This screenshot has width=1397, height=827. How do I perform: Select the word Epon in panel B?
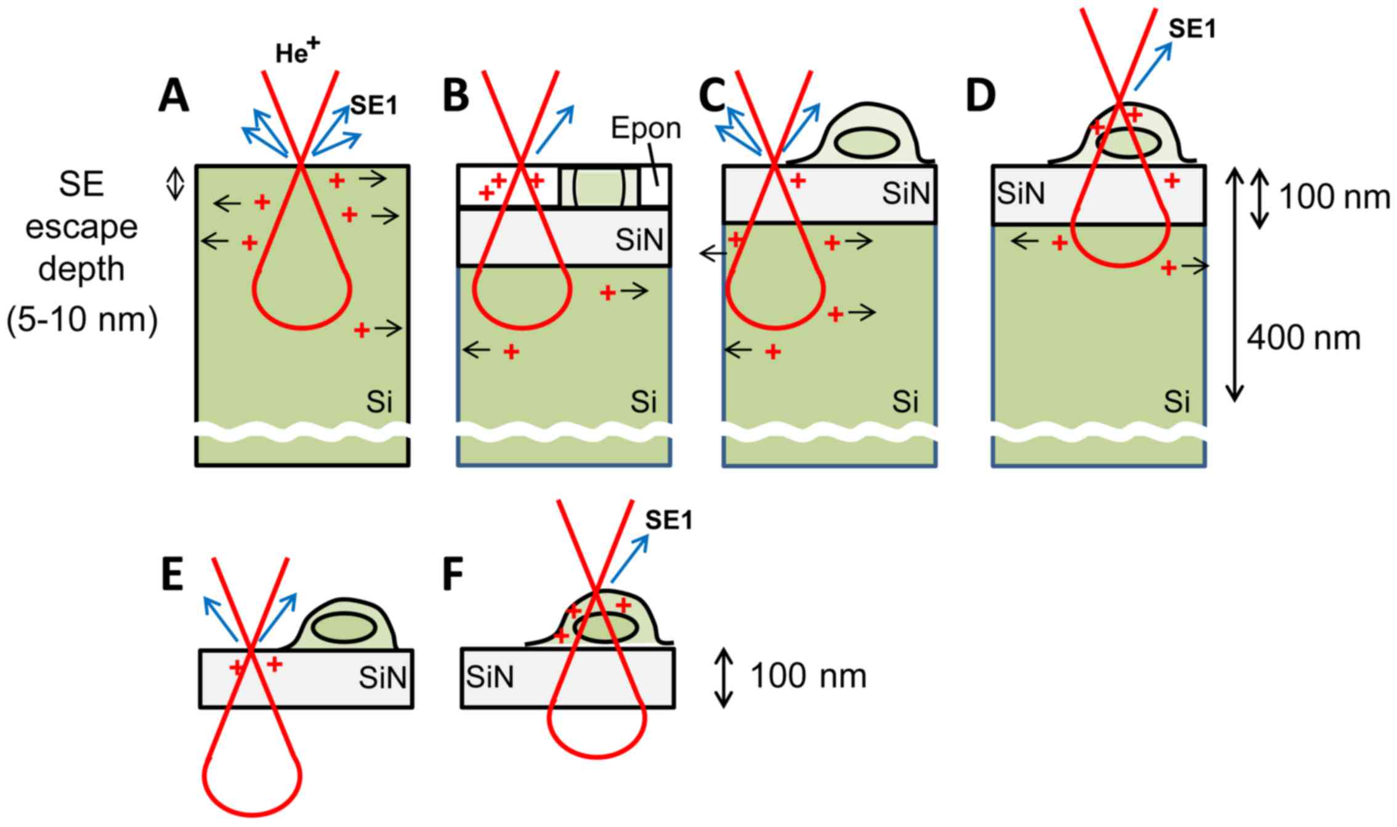pyautogui.click(x=646, y=128)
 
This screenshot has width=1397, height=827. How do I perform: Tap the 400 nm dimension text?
pyautogui.click(x=1303, y=338)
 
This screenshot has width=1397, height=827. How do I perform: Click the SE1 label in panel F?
pyautogui.click(x=669, y=521)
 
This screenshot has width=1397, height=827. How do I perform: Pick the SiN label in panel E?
pyautogui.click(x=383, y=678)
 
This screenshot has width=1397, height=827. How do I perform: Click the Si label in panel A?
pyautogui.click(x=379, y=402)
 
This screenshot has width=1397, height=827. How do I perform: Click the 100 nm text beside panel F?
pyautogui.click(x=808, y=676)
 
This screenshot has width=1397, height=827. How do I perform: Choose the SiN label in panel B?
pyautogui.click(x=639, y=239)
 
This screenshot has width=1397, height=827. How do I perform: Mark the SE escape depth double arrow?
pyautogui.click(x=176, y=184)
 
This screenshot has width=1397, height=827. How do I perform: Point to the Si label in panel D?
pyautogui.click(x=1176, y=402)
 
